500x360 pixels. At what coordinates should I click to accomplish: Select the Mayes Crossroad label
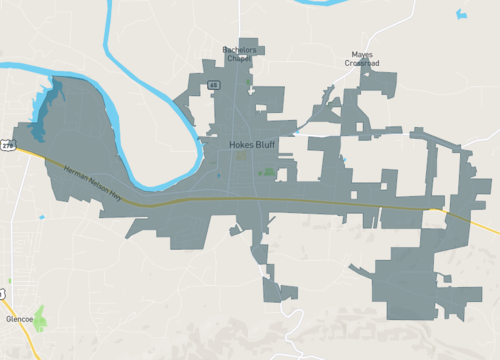362,58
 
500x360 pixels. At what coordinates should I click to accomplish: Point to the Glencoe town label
20,320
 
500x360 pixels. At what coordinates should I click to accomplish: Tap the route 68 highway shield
213,86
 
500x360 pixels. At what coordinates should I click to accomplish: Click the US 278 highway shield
8,146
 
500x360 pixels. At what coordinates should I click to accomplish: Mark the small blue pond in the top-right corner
460,14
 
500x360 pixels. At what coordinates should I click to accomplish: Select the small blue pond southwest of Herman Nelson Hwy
41,216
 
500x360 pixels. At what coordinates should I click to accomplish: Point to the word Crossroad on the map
362,63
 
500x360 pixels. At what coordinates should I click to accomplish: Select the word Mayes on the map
362,54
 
